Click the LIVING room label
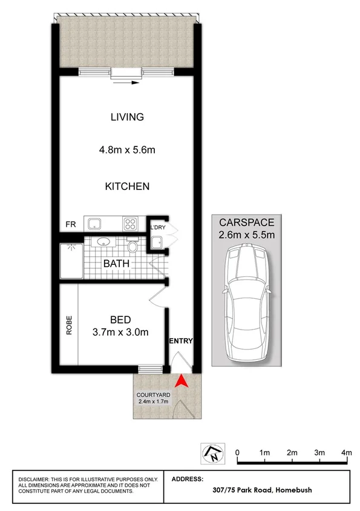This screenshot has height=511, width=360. click(127, 117)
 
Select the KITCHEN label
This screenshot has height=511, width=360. click(127, 186)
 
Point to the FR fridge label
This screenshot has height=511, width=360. click(71, 225)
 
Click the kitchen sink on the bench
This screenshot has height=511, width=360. click(95, 224)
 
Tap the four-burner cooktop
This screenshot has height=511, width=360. click(131, 224)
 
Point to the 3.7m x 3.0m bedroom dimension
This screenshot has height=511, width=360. click(121, 331)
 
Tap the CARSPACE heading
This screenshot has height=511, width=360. click(247, 223)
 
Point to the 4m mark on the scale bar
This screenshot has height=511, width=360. click(346, 452)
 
